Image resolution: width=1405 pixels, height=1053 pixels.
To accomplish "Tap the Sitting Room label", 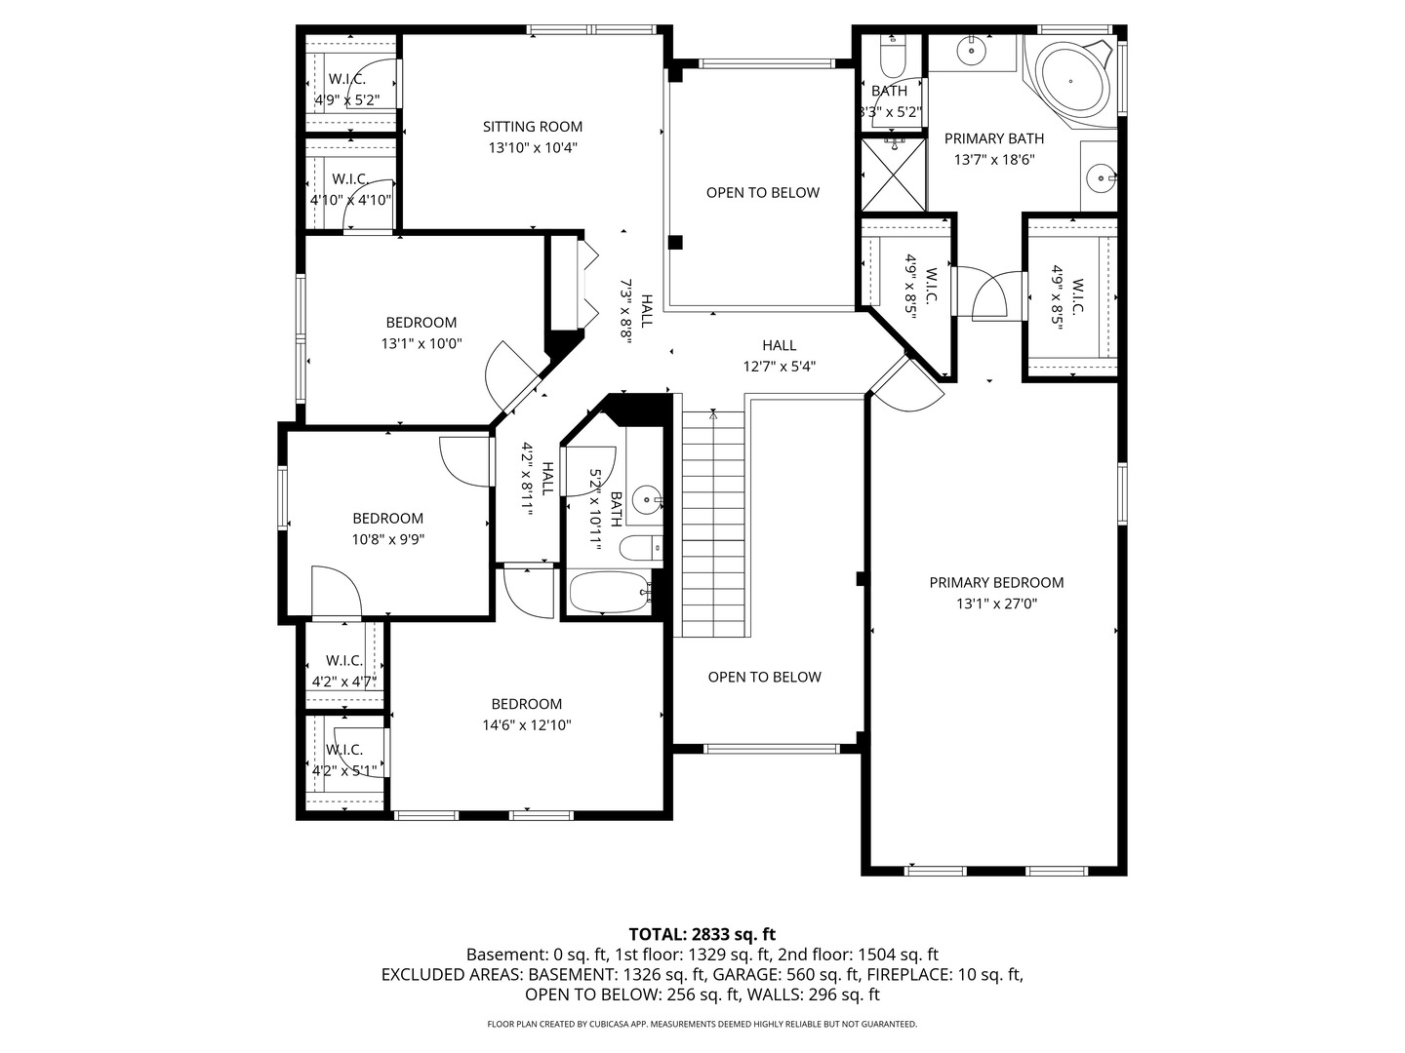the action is [x=533, y=127].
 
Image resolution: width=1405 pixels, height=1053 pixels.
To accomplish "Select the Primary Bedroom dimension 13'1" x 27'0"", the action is [x=996, y=604].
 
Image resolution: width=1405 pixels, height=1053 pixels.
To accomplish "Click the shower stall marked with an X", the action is [x=894, y=175].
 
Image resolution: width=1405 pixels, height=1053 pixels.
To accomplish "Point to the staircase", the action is [x=713, y=525].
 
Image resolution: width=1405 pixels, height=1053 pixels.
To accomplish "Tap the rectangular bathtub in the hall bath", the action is [x=609, y=592].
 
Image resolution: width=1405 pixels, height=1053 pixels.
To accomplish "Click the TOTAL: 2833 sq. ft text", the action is [x=702, y=935].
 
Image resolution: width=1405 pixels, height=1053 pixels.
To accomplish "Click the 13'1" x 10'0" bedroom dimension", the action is [x=421, y=344].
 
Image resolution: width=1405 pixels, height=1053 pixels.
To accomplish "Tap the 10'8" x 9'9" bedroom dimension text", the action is [x=388, y=539].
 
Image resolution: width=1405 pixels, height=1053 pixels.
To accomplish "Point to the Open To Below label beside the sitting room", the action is [x=763, y=192].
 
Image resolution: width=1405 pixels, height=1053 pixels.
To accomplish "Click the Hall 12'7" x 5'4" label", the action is [x=780, y=356].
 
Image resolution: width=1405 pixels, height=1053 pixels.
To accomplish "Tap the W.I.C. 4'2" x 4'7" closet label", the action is [x=344, y=672].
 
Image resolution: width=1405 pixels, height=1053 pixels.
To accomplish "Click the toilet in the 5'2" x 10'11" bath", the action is [x=642, y=548].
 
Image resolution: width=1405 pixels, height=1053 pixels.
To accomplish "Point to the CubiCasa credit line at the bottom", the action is [x=702, y=1024].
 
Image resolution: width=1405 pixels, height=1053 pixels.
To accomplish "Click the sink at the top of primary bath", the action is [x=973, y=50].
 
